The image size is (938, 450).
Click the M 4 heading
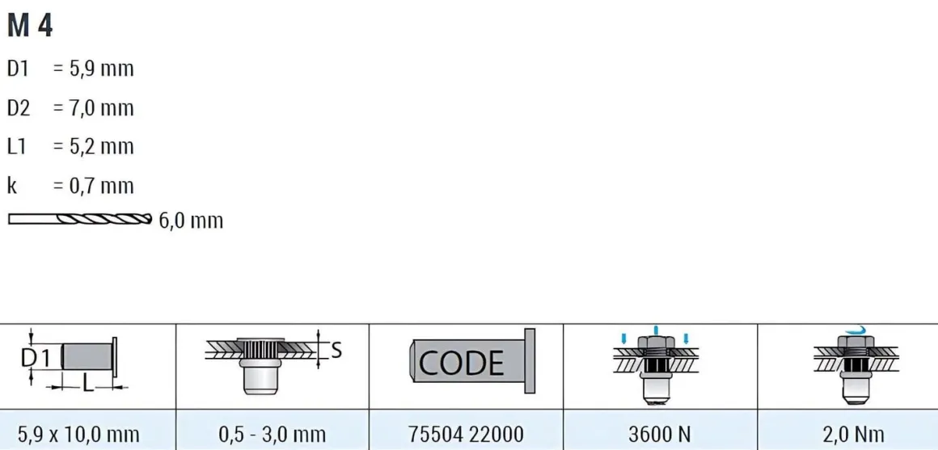point(30,27)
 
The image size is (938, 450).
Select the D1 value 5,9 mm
point(99,69)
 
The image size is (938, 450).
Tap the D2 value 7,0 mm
point(99,108)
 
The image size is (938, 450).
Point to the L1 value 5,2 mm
point(99,147)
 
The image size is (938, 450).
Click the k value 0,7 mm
point(99,186)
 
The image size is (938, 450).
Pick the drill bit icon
point(80,219)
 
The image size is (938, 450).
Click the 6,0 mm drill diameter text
point(191,221)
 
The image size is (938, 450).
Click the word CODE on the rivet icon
point(461,362)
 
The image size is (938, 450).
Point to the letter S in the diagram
point(336,350)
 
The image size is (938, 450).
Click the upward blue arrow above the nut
point(657,330)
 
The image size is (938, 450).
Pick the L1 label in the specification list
point(17,147)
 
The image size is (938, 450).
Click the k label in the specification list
point(11,186)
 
